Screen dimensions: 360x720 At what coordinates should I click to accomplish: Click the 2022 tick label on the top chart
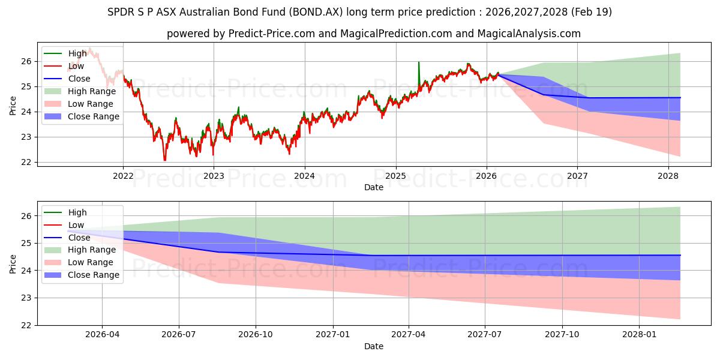(x=123, y=176)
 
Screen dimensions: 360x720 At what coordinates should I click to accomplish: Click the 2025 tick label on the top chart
(x=395, y=176)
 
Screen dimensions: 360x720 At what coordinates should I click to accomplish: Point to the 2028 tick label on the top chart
(x=668, y=176)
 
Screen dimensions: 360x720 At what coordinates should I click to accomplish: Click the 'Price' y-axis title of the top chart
(x=13, y=105)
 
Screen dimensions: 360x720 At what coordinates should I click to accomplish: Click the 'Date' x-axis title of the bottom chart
(x=373, y=346)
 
